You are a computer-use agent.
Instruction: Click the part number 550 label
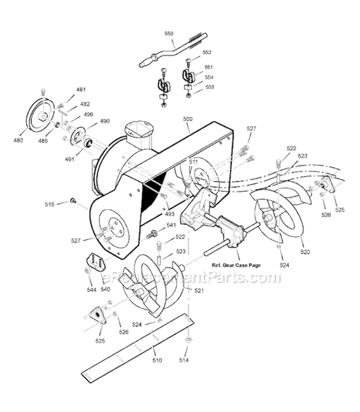(169, 34)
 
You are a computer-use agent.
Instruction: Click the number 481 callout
(81, 90)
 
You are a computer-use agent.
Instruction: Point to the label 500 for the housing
(187, 119)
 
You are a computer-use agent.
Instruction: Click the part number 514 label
(188, 360)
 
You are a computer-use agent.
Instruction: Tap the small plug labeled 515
(72, 201)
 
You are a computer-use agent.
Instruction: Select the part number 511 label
(193, 162)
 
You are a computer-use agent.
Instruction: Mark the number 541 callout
(171, 225)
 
